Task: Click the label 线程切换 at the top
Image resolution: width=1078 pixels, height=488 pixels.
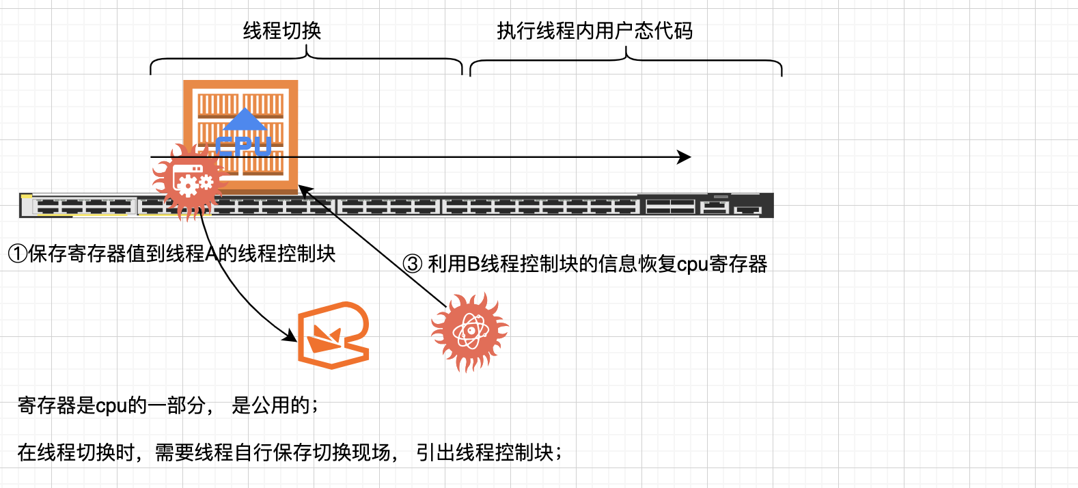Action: coord(281,31)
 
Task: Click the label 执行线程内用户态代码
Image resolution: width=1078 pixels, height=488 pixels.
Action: coord(594,31)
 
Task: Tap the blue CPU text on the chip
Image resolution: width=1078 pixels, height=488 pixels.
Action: coord(244,146)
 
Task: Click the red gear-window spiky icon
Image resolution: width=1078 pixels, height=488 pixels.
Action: coord(189,182)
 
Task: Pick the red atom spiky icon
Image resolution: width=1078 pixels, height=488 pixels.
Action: coord(470,333)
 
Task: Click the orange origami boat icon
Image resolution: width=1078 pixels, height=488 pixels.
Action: coord(333,335)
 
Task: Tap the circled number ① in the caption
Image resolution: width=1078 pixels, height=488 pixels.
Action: coord(17,254)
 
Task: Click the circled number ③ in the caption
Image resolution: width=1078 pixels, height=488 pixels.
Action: coord(412,264)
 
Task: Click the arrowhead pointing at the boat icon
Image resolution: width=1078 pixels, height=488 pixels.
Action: coord(290,335)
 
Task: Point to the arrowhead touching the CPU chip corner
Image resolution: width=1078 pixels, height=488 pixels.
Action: coord(303,190)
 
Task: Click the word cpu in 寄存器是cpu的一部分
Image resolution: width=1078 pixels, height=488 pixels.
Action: coord(111,406)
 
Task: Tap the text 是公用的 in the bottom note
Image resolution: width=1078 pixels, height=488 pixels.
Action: coord(271,406)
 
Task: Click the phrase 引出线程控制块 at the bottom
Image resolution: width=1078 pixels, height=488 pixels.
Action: coord(484,452)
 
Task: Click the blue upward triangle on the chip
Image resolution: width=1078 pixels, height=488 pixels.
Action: coord(244,120)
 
